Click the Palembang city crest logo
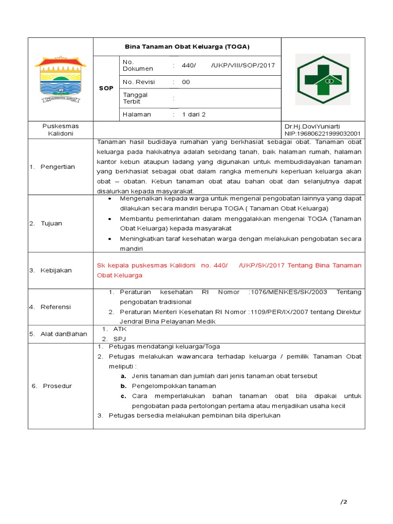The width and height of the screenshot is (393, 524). (x=60, y=79)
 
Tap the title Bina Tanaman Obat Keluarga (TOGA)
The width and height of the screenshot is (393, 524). (x=187, y=47)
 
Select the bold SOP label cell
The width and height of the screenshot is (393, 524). (x=106, y=88)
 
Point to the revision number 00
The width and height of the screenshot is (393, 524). (x=186, y=82)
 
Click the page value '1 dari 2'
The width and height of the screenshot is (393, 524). (x=193, y=115)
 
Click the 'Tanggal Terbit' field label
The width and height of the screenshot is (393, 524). (x=136, y=98)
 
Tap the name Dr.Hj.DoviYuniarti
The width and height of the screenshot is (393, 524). (x=312, y=126)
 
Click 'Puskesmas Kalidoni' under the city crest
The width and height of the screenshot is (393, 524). (x=60, y=129)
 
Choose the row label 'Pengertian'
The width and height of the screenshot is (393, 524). (x=57, y=167)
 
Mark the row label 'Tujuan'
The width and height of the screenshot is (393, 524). (x=52, y=224)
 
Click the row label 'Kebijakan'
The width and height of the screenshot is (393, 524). (x=56, y=270)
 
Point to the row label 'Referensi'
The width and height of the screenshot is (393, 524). (x=56, y=307)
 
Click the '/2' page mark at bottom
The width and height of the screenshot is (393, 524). (x=343, y=501)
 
